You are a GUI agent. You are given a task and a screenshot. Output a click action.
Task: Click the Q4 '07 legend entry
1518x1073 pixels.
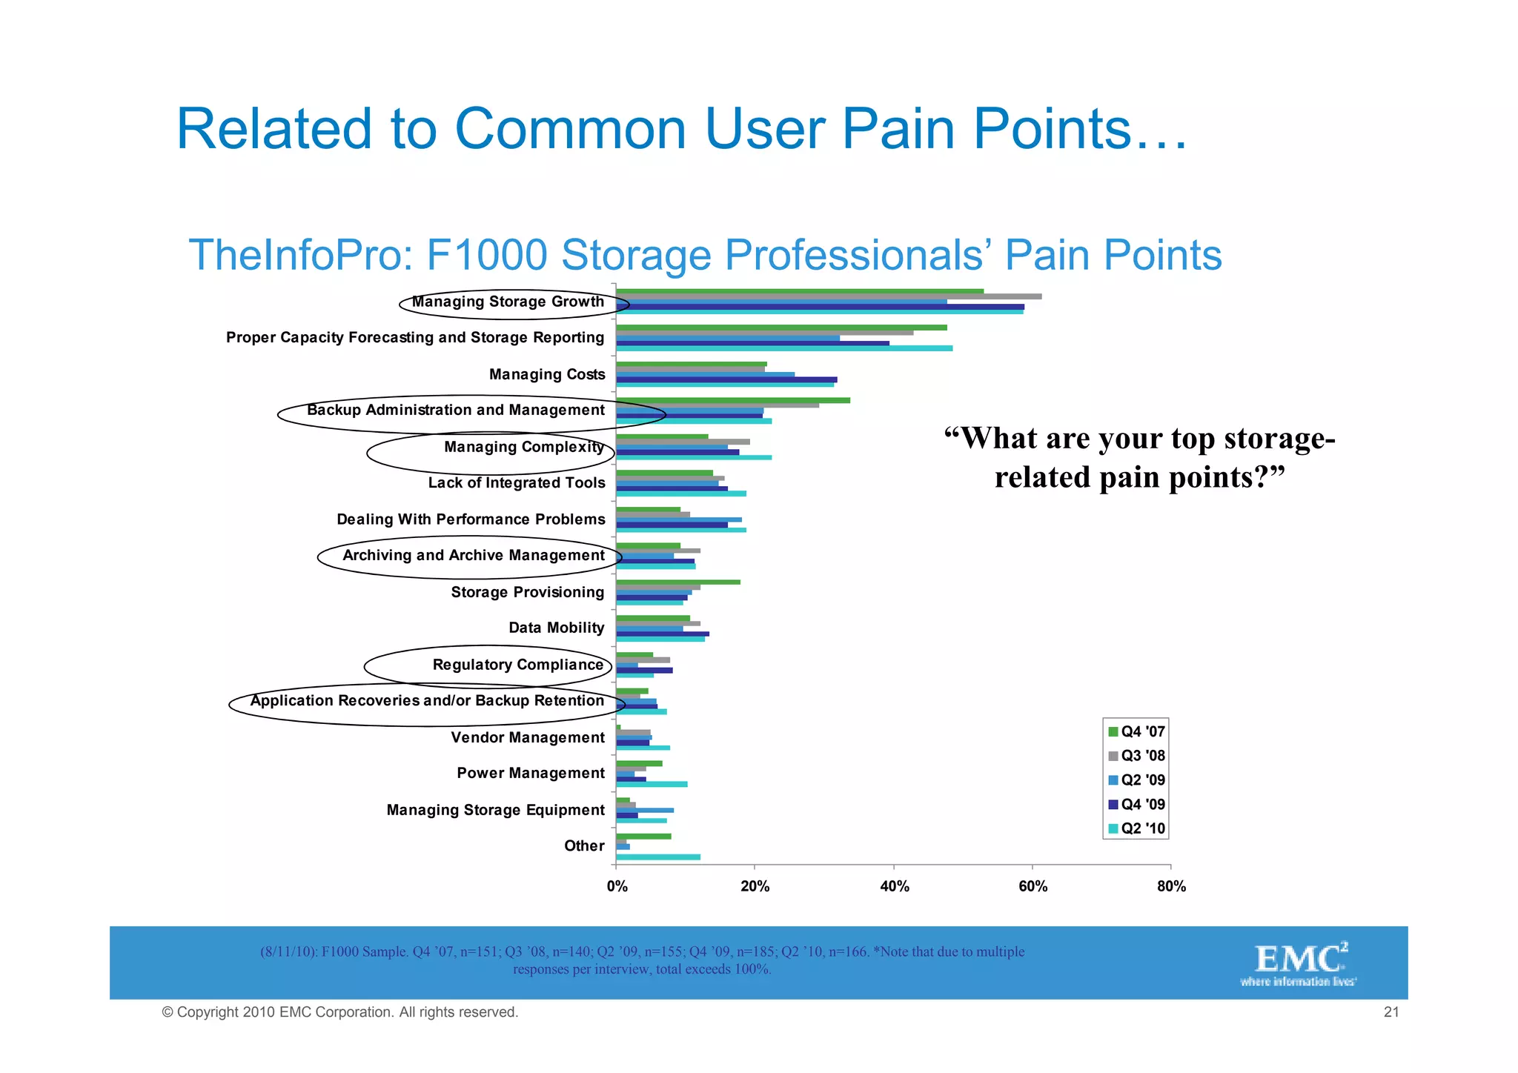(x=1136, y=731)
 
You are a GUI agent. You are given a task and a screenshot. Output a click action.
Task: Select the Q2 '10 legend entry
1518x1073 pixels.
(x=1136, y=828)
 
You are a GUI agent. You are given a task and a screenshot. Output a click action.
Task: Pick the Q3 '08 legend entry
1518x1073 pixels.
(x=1136, y=756)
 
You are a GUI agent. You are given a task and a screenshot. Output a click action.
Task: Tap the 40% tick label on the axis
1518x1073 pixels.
(x=894, y=886)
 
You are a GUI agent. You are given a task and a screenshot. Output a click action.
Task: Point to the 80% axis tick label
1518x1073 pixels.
(x=1171, y=886)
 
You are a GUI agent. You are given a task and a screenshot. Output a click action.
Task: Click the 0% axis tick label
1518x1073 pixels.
(x=617, y=886)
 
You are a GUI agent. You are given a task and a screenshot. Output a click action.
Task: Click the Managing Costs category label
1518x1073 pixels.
(x=547, y=374)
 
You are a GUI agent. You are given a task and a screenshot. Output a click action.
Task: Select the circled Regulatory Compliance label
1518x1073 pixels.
(x=517, y=665)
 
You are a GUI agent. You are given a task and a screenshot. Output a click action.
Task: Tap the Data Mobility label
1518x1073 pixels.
(x=556, y=628)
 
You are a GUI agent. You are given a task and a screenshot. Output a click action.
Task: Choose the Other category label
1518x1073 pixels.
(x=584, y=846)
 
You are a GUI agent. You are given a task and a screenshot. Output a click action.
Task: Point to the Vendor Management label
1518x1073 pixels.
(x=528, y=737)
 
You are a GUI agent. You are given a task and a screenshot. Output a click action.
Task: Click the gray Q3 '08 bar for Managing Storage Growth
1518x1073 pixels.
(x=829, y=296)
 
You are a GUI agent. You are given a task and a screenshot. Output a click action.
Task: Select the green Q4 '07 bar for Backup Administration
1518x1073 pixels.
(x=733, y=400)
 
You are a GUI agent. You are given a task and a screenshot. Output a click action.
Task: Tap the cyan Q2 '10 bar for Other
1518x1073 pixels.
(x=658, y=857)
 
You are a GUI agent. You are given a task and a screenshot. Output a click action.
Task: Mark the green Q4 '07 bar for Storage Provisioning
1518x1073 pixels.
(x=678, y=582)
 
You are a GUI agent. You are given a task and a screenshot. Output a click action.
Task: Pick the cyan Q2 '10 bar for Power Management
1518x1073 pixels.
(x=652, y=784)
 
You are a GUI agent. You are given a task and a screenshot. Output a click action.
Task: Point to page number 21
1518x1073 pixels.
(x=1391, y=1012)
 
